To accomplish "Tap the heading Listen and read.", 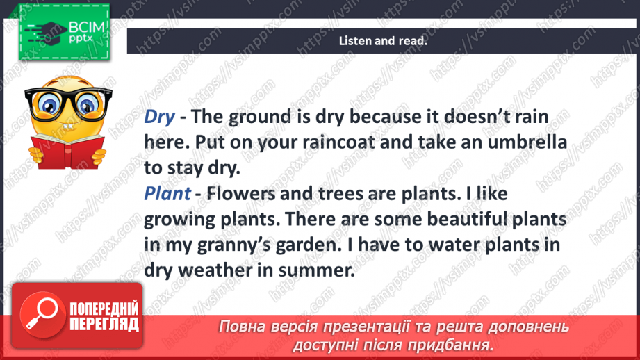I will pyautogui.click(x=382, y=41).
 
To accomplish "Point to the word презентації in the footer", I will pyautogui.click(x=376, y=327).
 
